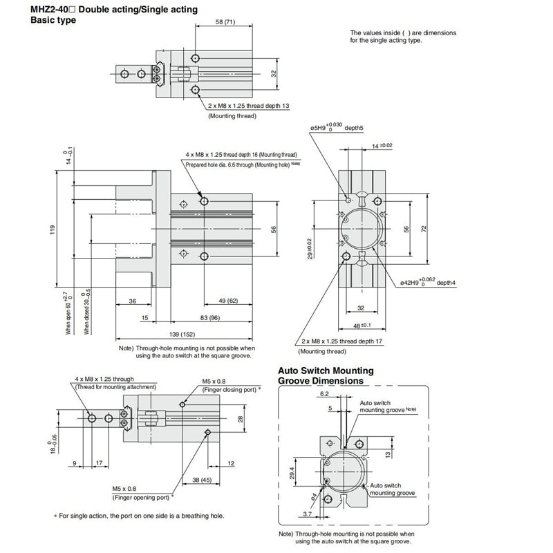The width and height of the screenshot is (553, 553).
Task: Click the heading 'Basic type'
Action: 53,20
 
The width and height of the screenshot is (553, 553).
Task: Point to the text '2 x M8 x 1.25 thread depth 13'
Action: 258,106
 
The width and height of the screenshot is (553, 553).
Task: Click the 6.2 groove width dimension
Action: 325,393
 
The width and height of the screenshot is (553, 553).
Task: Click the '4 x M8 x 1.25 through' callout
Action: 104,379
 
